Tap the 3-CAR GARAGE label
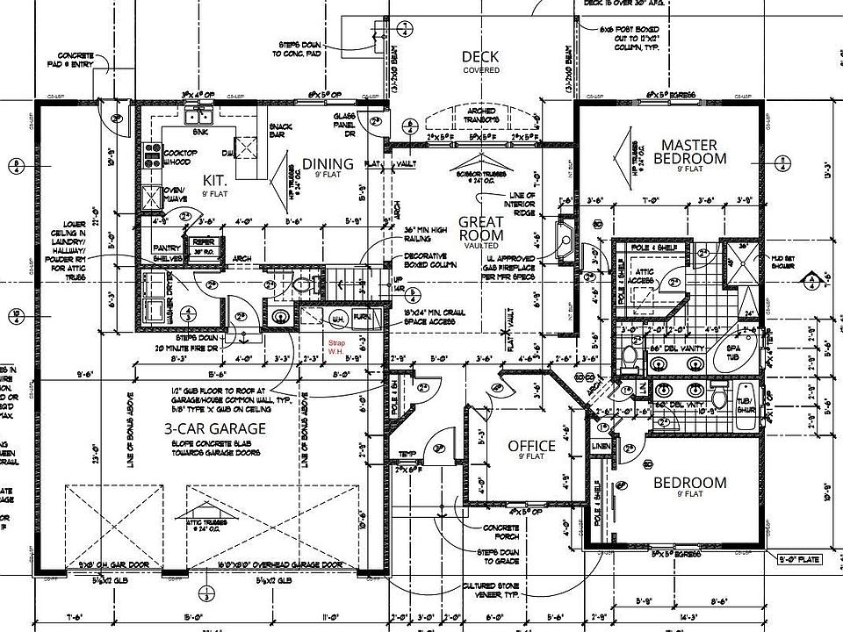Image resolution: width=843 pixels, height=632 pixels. pyautogui.click(x=215, y=428)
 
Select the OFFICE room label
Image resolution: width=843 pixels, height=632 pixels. pyautogui.click(x=531, y=447)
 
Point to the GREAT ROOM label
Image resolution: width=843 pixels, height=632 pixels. pyautogui.click(x=481, y=229)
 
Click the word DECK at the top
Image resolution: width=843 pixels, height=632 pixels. pyautogui.click(x=480, y=57)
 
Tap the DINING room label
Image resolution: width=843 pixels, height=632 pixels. pyautogui.click(x=328, y=163)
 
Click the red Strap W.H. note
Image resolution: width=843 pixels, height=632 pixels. pyautogui.click(x=335, y=348)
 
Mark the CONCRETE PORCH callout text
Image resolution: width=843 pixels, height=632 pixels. pyautogui.click(x=499, y=532)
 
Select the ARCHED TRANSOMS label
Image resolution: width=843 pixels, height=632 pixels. pyautogui.click(x=479, y=114)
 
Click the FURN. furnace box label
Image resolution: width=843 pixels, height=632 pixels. pyautogui.click(x=360, y=318)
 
